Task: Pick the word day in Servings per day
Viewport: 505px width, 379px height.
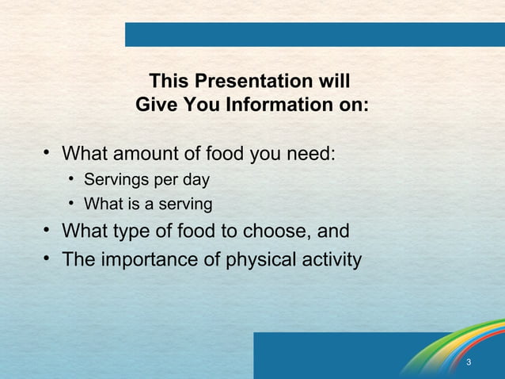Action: point(195,179)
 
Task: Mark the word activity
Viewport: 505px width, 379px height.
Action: point(331,259)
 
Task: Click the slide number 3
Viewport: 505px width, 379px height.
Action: point(469,363)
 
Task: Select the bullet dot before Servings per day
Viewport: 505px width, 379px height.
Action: point(71,179)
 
